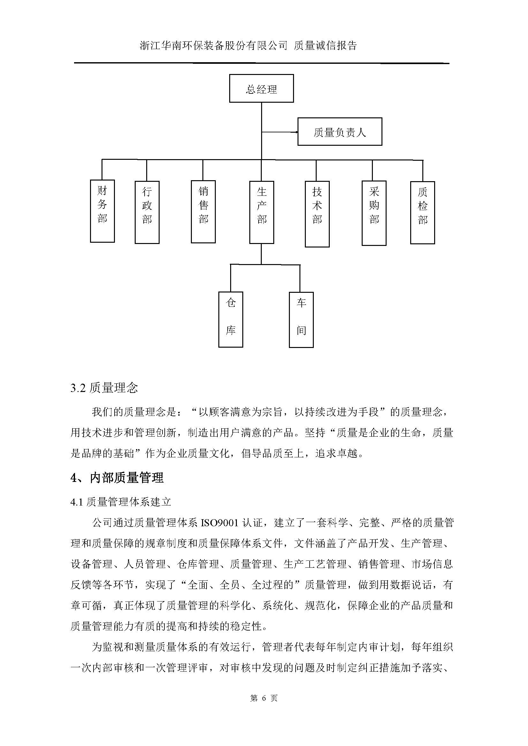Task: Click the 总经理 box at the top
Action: coord(261,88)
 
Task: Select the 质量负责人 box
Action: coord(340,132)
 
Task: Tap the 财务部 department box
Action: coord(102,211)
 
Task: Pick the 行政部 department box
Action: coord(147,212)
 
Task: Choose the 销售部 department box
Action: coord(203,211)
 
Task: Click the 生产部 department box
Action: coord(262,212)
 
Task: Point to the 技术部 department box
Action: coord(317,214)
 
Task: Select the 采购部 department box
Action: coord(374,213)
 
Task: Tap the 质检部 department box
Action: coord(422,212)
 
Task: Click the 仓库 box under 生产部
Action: coord(230,319)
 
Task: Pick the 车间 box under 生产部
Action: coord(301,320)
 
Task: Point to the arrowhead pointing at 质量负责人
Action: coord(296,132)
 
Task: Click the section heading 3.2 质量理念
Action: coord(104,388)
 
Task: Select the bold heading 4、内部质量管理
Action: coord(117,478)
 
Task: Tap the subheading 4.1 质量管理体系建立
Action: coord(121,502)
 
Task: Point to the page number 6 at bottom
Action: coord(264,698)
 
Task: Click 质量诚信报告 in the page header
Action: coord(325,46)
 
